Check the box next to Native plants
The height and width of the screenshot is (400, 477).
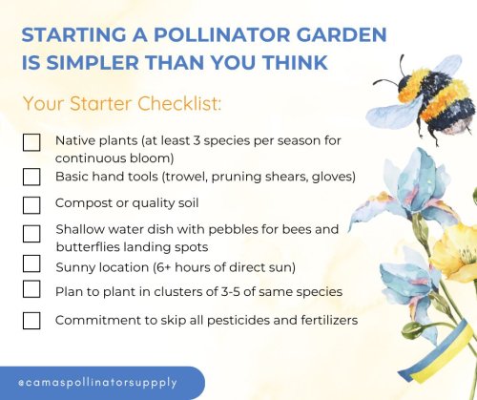click(31, 142)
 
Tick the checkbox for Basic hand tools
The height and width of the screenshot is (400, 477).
click(31, 177)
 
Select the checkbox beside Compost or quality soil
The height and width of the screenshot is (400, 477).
click(31, 204)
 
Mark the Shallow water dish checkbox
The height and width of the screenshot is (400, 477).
click(31, 234)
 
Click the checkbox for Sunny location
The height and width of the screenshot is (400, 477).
click(31, 263)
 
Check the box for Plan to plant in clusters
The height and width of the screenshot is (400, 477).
click(31, 289)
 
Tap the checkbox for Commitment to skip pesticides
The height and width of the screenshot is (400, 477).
click(31, 320)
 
